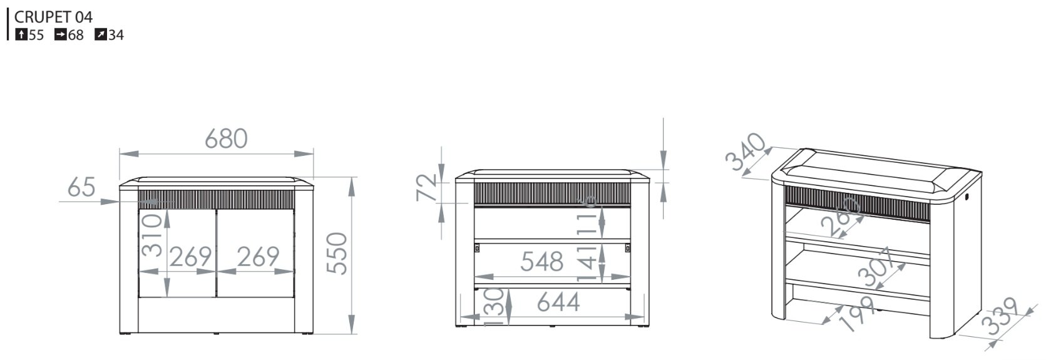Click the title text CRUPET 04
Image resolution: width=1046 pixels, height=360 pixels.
coord(53,17)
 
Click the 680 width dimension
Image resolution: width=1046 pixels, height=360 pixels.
coord(226,138)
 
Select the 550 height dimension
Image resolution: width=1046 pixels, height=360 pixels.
coord(337,254)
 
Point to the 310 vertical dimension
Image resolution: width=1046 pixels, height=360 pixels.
coord(151,235)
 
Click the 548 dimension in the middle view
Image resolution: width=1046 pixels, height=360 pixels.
coord(541,262)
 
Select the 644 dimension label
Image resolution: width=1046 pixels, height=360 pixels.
coord(558,302)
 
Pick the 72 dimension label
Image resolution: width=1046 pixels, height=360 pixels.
coord(426,187)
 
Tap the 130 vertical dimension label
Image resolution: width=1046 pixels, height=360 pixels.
coord(494,307)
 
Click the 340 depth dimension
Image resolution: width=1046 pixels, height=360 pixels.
coord(746,152)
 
